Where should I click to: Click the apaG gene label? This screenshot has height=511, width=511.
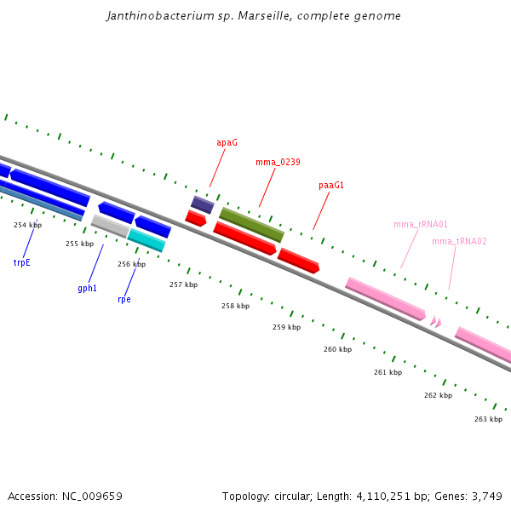(227, 143)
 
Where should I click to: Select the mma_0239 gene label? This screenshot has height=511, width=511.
(278, 162)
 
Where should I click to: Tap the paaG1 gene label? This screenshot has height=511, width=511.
(331, 185)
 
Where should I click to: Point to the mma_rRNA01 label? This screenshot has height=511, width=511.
(421, 224)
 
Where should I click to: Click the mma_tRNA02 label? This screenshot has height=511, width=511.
(459, 241)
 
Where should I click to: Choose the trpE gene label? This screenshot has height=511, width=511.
(21, 262)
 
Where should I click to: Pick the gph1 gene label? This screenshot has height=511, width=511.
(87, 288)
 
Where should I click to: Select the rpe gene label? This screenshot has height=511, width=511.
(124, 299)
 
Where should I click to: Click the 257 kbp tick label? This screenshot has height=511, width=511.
(183, 284)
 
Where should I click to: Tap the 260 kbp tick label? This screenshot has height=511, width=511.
(337, 349)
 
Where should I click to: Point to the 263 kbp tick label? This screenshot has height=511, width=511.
(488, 418)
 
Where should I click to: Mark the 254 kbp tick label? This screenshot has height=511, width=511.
(27, 225)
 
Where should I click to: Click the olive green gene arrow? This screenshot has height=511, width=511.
(251, 225)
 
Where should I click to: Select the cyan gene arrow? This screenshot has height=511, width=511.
(146, 240)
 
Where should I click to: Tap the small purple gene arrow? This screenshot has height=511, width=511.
(202, 204)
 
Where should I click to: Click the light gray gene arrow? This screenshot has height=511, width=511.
(110, 226)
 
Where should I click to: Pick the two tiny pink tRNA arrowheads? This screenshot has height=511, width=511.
(435, 321)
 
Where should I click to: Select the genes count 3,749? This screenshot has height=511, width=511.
(485, 496)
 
